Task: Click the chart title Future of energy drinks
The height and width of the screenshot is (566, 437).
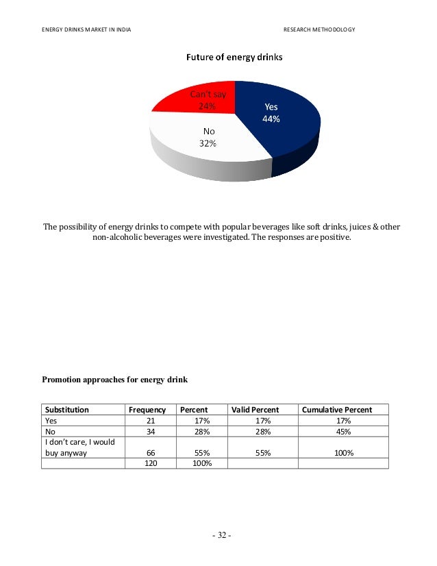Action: [235, 58]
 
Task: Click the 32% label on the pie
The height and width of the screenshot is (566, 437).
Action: [208, 143]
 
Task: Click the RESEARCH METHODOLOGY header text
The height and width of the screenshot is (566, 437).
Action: [319, 29]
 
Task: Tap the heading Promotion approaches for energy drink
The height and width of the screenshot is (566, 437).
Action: [115, 379]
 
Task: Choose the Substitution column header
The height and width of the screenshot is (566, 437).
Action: [67, 410]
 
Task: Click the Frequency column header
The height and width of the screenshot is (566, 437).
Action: [147, 410]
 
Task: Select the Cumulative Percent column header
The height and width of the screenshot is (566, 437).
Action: [337, 410]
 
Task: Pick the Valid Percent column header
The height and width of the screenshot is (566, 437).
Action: [255, 410]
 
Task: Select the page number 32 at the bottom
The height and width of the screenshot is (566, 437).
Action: [221, 535]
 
